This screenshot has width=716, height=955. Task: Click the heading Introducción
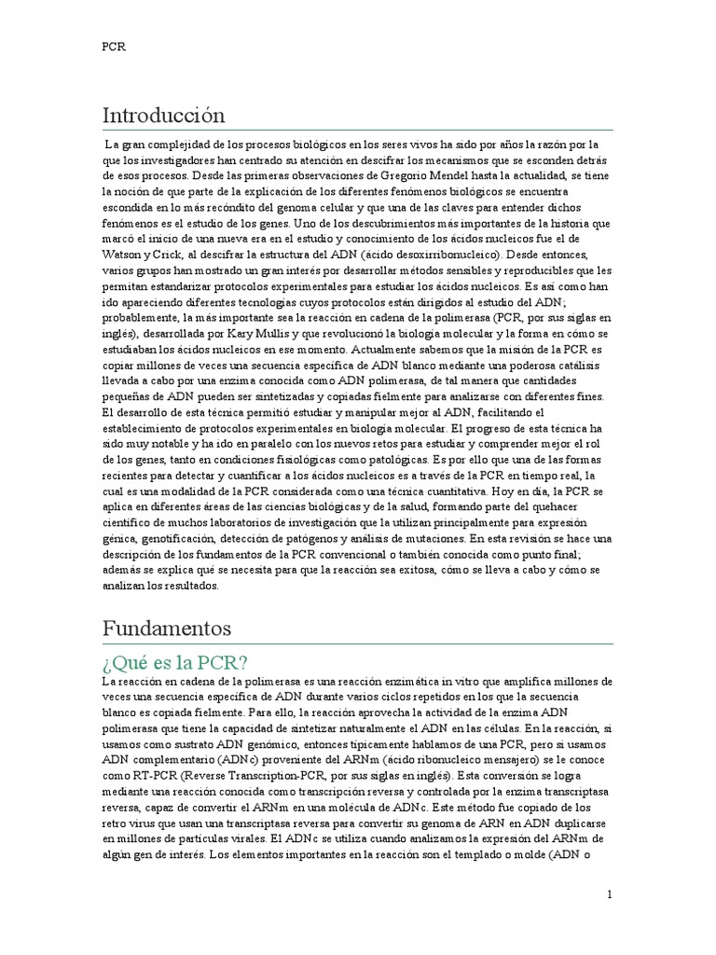(163, 116)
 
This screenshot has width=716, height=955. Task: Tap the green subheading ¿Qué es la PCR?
(174, 663)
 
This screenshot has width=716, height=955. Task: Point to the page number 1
(610, 894)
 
